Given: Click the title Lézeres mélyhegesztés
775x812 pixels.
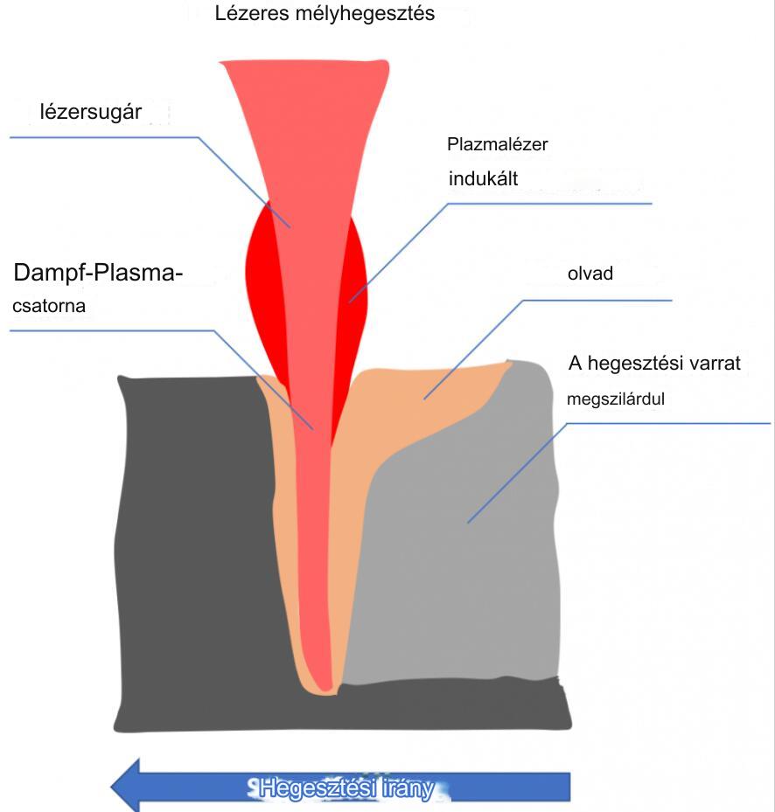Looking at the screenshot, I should (325, 15).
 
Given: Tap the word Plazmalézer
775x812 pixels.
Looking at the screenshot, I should (497, 144).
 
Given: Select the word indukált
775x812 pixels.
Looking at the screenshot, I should (484, 179).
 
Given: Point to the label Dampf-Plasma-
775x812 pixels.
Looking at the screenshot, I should (98, 274).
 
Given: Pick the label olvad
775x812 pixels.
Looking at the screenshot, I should (590, 274).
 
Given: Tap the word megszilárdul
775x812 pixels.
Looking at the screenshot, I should (617, 399).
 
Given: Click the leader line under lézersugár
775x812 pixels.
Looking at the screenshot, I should (105, 137).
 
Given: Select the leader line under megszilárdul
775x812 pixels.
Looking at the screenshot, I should (665, 423).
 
